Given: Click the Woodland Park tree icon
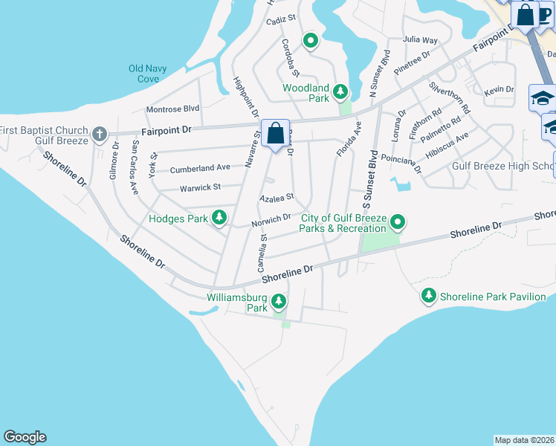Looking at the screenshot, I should [340, 92].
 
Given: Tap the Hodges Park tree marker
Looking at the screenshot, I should [219, 218].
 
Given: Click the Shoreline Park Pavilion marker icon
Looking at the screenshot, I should [429, 296].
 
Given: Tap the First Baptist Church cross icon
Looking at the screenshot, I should [99, 135].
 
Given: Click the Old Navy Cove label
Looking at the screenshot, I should [148, 73].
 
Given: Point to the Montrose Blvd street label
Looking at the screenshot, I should [173, 109].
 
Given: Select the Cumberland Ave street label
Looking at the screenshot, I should [200, 169].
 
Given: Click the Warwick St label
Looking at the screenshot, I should [201, 188].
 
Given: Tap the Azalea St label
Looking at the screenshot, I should [277, 198].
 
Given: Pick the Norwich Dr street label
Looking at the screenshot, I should [271, 220].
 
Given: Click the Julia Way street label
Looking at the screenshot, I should [420, 39].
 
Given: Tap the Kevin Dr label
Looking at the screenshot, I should [499, 90].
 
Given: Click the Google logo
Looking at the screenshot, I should [25, 437].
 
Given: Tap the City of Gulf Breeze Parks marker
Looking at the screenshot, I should [398, 222].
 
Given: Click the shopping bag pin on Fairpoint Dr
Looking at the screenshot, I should [276, 135].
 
